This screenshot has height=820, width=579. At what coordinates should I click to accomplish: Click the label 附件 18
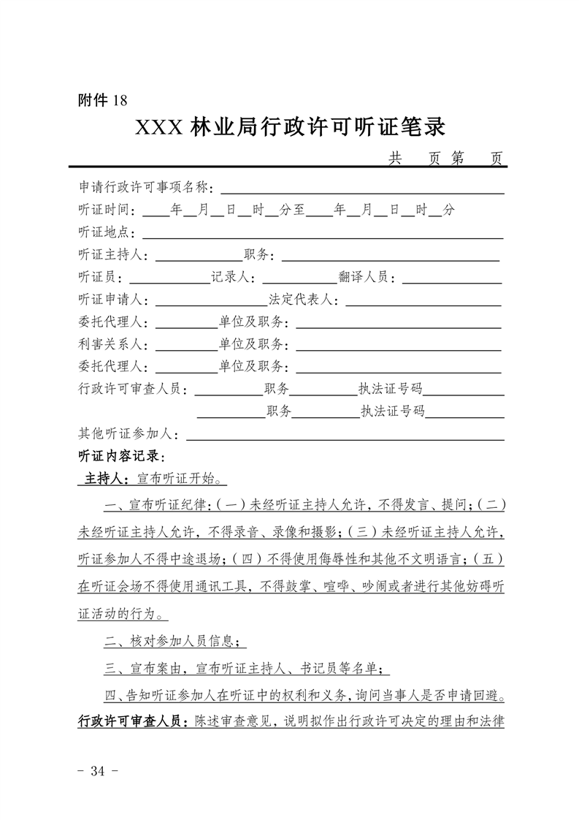(x=102, y=101)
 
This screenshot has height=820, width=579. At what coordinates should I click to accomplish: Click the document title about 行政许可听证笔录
(x=290, y=127)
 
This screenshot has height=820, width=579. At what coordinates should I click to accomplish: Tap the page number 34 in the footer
(x=96, y=770)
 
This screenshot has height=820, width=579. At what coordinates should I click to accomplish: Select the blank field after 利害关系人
(x=185, y=345)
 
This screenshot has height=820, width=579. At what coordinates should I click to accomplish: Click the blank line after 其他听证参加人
(x=345, y=435)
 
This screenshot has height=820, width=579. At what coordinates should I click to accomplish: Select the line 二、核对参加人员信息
(x=172, y=642)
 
